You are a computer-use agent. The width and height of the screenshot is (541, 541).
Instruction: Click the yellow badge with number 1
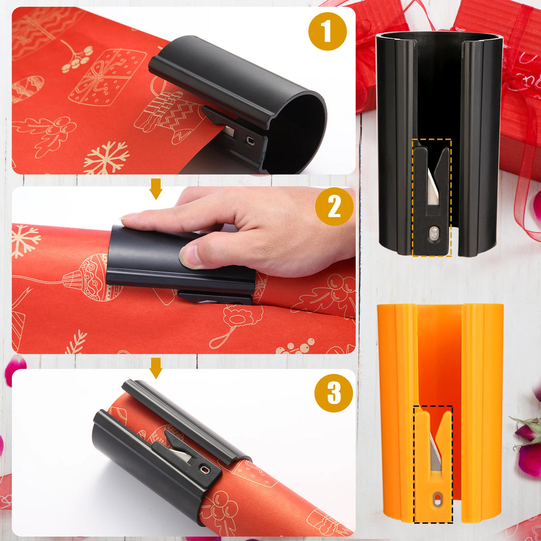point(327,31)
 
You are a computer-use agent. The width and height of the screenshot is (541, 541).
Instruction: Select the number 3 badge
point(333,393)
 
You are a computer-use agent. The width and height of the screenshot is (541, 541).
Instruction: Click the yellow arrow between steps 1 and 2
point(155,189)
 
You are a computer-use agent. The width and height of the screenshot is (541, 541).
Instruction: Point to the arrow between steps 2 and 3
point(155,368)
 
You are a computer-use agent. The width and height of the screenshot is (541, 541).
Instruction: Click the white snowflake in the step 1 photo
point(106,157)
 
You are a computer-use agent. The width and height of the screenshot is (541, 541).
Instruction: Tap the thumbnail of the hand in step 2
point(189,256)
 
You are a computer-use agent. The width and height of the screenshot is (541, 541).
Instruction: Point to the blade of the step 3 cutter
point(182,455)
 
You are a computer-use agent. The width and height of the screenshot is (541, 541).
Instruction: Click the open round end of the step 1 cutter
point(296,132)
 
